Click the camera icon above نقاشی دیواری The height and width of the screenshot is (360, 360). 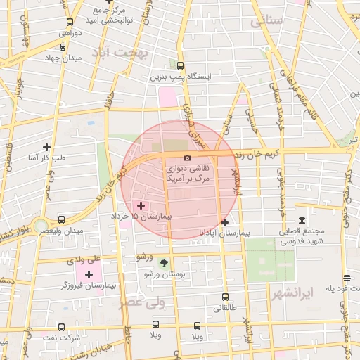(187, 158)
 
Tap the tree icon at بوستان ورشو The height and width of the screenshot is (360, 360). (165, 263)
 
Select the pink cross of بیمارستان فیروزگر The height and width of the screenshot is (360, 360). (89, 274)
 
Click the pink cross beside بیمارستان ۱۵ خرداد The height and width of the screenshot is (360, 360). (141, 205)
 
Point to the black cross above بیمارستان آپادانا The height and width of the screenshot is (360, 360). (224, 222)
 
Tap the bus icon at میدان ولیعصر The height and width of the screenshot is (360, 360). (63, 219)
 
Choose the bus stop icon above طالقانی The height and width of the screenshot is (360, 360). (225, 297)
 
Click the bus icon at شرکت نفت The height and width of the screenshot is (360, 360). (62, 327)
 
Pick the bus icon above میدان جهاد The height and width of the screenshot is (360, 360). (64, 48)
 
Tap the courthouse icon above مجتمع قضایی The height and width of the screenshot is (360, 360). (302, 221)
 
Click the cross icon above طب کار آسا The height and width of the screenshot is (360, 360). (46, 147)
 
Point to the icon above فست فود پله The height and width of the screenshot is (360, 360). (346, 278)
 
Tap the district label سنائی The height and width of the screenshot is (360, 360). (266, 21)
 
